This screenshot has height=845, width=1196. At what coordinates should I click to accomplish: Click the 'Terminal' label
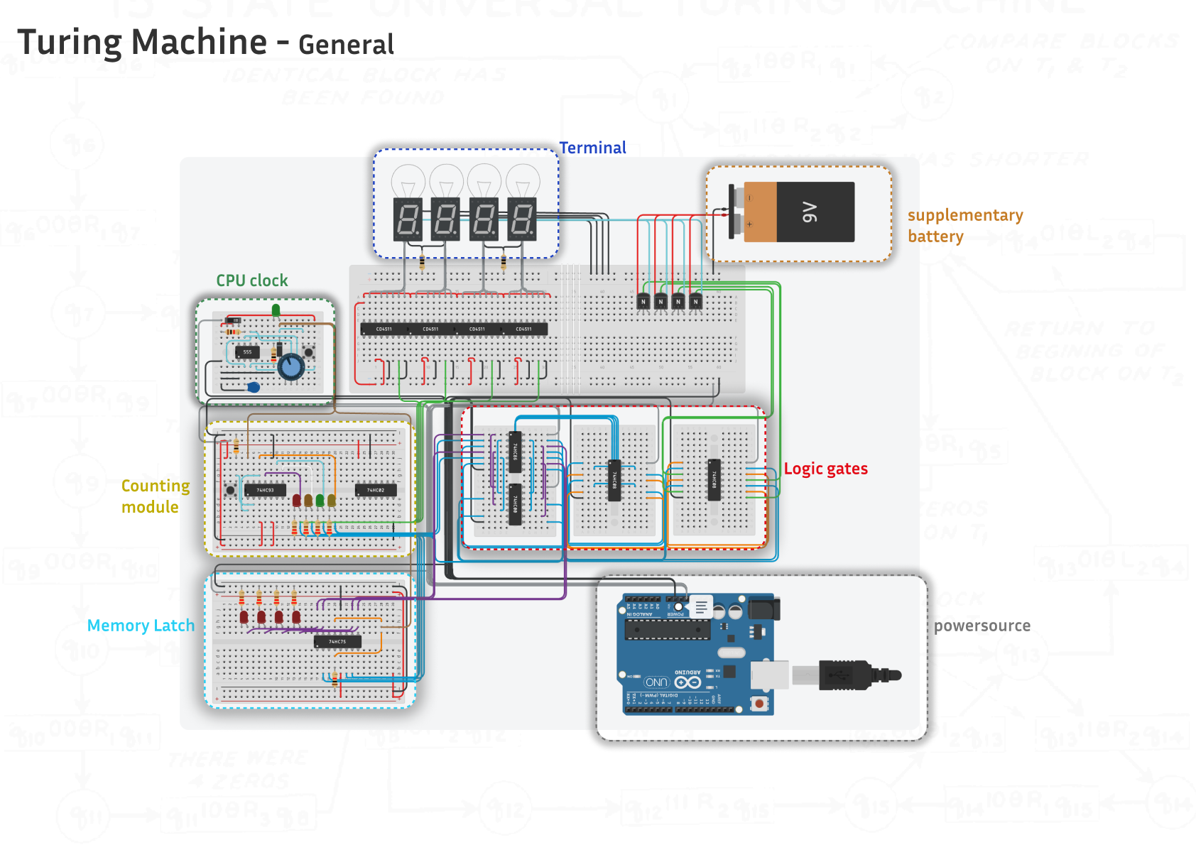tap(592, 148)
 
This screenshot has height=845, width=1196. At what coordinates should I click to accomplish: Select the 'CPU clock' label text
tap(252, 280)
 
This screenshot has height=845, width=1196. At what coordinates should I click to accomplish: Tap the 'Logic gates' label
tap(825, 469)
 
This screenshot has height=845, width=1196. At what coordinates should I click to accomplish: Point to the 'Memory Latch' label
tap(141, 626)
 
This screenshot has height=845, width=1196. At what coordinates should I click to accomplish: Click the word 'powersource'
tap(982, 626)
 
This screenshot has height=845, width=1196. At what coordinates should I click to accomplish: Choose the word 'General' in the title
tap(346, 45)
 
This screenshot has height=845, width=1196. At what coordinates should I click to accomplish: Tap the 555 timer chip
tap(247, 352)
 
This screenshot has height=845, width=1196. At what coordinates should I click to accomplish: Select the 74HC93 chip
tap(265, 490)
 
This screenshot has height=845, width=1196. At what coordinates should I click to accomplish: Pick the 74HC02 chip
tap(376, 490)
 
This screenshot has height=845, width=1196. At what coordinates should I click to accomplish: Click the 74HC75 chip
tap(337, 642)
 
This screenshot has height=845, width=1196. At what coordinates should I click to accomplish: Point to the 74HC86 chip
tap(516, 451)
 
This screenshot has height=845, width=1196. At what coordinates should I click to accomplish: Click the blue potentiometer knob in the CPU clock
tap(291, 367)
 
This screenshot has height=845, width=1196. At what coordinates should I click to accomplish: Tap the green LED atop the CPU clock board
tap(276, 310)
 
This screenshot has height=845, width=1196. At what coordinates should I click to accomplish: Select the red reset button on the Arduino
tap(759, 704)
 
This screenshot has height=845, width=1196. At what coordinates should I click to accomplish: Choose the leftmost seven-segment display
tap(408, 219)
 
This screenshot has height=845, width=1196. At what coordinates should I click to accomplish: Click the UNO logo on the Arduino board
tap(656, 682)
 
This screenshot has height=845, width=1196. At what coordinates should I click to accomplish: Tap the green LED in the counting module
tap(320, 501)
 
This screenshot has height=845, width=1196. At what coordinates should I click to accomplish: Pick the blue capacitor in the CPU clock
tap(254, 387)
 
